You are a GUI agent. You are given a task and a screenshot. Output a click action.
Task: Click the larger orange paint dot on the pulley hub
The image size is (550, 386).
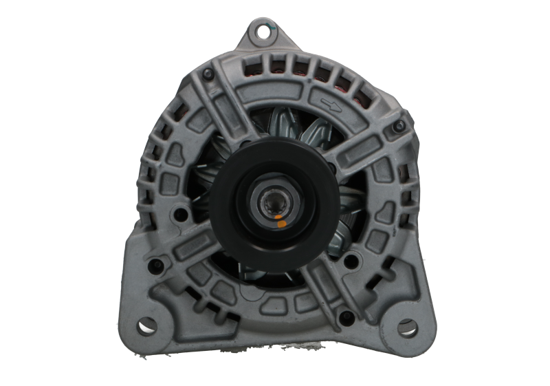280,223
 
